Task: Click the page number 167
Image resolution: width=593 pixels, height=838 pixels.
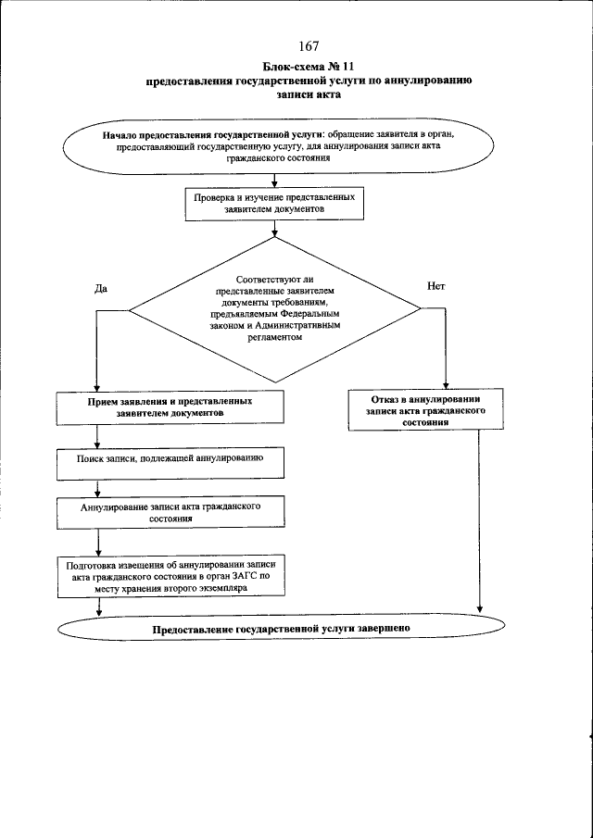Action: (x=309, y=46)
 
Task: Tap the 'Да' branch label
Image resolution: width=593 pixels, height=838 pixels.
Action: (x=102, y=288)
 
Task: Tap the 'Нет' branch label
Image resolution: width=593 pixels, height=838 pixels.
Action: (x=435, y=286)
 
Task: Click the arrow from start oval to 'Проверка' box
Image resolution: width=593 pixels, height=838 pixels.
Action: (x=275, y=181)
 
